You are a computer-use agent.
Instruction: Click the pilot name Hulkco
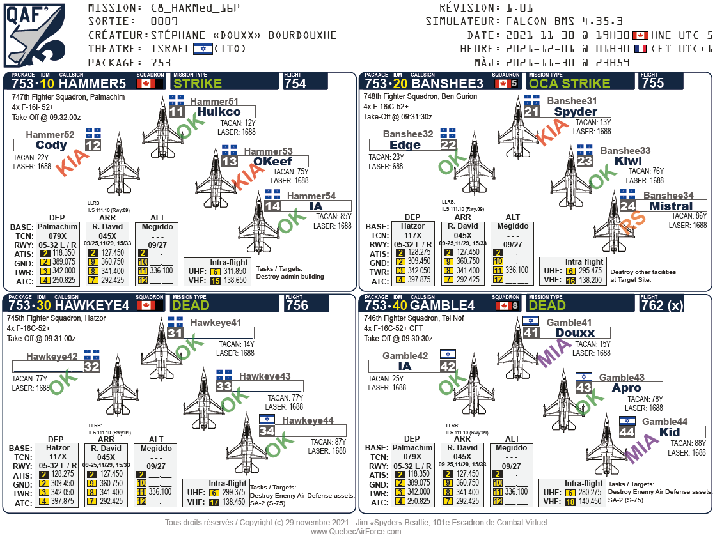[x=219, y=112]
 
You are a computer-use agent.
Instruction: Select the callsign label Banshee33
[x=625, y=151]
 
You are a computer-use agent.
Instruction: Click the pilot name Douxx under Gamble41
[x=575, y=333]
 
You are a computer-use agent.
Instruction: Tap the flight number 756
[x=296, y=305]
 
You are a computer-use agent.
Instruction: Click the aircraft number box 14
[x=272, y=206]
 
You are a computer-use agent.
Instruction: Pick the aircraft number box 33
[x=224, y=387]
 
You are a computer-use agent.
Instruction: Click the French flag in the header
[x=640, y=49]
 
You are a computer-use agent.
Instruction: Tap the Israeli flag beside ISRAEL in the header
[x=203, y=49]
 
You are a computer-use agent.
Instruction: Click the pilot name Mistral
[x=670, y=206]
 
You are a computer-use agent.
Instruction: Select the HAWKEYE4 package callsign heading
[x=92, y=305]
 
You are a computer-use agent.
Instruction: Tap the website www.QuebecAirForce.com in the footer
[x=356, y=532]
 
